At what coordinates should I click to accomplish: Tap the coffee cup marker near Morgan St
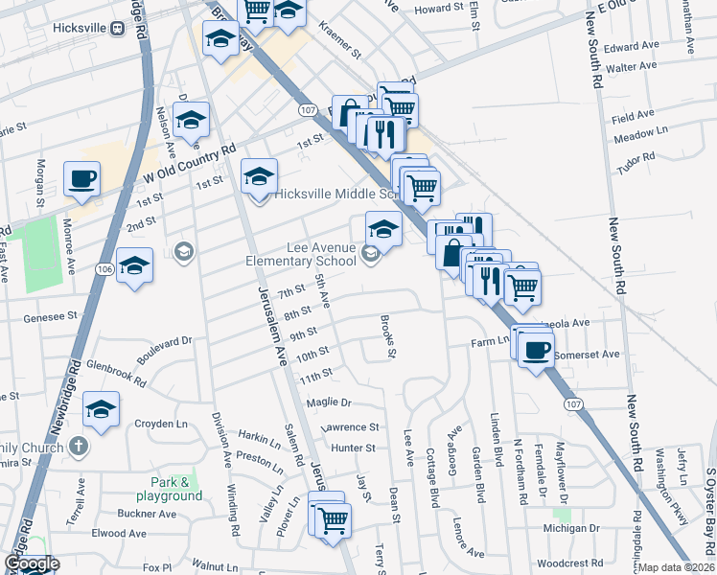81,178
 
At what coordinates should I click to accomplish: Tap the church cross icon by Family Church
80,447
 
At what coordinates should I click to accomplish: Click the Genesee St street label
51,315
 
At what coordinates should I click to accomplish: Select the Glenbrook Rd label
115,373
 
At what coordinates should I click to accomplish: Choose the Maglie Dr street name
330,402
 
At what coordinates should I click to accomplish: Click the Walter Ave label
632,67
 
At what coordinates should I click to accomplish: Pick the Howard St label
438,9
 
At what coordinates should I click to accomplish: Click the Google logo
31,563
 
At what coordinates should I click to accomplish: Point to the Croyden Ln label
161,424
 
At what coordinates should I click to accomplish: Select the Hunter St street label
354,448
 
